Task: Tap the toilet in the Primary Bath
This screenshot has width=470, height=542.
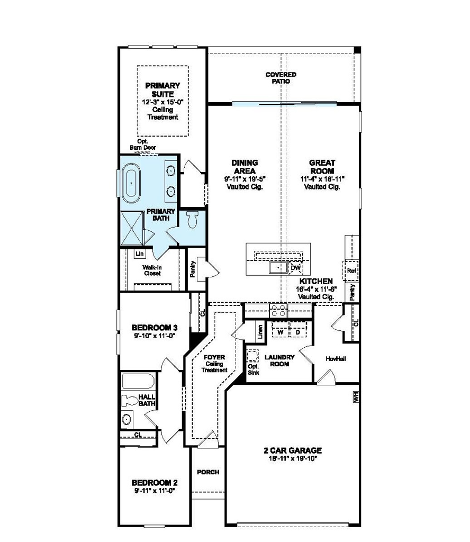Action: click(x=193, y=219)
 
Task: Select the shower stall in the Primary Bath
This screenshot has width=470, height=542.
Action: click(x=132, y=228)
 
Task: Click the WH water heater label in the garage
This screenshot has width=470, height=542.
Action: click(x=356, y=396)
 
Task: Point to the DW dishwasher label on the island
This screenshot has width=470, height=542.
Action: click(x=295, y=269)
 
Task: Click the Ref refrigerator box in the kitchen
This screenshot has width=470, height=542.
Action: click(x=351, y=271)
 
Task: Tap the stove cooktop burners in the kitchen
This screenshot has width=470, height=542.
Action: click(x=278, y=311)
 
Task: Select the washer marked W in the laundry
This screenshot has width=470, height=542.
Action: click(x=280, y=332)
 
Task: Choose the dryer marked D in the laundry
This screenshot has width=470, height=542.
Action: click(x=297, y=332)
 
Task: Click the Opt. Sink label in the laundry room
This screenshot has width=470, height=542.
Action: click(x=253, y=369)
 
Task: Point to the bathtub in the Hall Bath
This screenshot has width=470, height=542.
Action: click(x=137, y=381)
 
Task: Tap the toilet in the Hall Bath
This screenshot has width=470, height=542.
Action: click(x=130, y=401)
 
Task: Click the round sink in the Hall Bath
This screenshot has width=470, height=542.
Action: click(x=127, y=420)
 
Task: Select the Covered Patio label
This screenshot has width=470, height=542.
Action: click(x=281, y=78)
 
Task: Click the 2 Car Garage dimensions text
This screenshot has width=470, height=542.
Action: click(x=293, y=458)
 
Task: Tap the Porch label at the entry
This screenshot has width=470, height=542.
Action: click(x=208, y=472)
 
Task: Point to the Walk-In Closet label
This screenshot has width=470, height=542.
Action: click(x=152, y=270)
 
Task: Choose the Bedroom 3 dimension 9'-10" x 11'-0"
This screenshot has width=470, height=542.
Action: click(x=153, y=335)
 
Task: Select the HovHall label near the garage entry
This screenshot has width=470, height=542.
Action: click(x=336, y=358)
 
